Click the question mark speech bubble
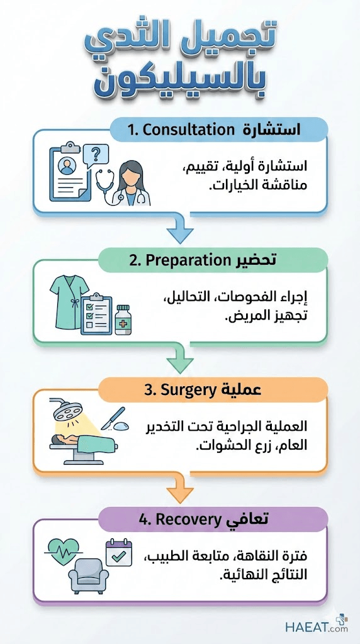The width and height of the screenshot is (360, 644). coord(95,155)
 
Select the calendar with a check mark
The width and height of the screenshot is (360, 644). coord(119,552)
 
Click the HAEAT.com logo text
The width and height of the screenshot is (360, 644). coord(317,627)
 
